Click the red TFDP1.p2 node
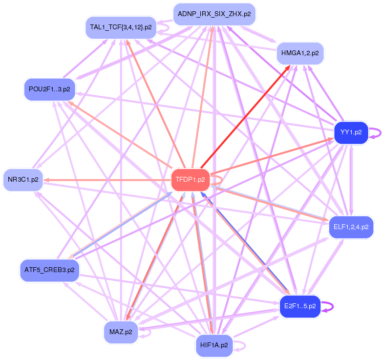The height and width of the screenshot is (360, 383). pyautogui.click(x=191, y=180)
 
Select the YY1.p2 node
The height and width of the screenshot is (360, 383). pyautogui.click(x=350, y=132)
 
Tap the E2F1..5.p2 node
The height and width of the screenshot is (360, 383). pyautogui.click(x=299, y=307)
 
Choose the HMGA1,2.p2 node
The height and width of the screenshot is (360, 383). pyautogui.click(x=300, y=53)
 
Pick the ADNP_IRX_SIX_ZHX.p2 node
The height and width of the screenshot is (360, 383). pyautogui.click(x=214, y=14)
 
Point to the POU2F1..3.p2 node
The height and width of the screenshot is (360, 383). pyautogui.click(x=49, y=89)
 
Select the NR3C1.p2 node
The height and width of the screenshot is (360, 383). pyautogui.click(x=23, y=180)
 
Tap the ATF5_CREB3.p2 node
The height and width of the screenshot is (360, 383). pyautogui.click(x=49, y=270)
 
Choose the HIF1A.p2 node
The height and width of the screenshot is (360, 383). pyautogui.click(x=214, y=345)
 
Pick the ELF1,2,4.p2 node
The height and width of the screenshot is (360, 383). pyautogui.click(x=350, y=227)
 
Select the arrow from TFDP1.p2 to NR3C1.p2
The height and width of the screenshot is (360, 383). pyautogui.click(x=107, y=180)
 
